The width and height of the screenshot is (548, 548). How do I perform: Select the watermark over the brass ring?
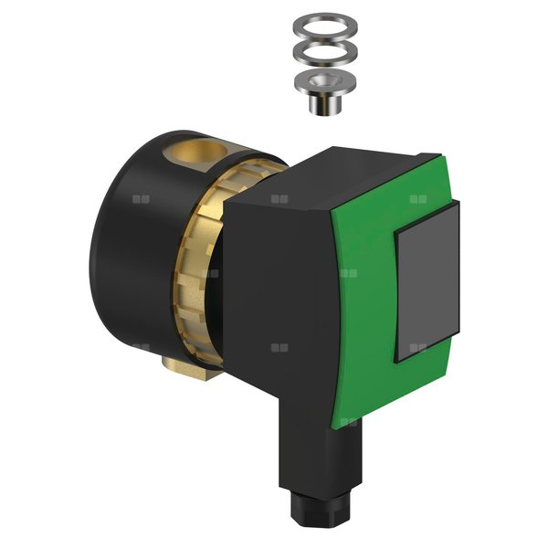(x=209, y=272)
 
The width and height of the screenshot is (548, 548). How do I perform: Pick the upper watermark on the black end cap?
(x=140, y=197)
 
